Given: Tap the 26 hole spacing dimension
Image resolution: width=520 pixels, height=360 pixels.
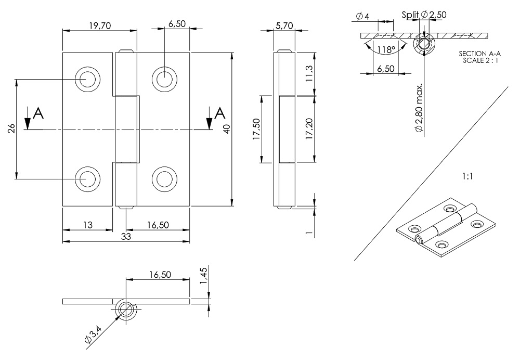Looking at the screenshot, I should coord(11,128).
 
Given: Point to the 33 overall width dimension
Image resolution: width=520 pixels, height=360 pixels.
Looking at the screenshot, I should coord(126,236).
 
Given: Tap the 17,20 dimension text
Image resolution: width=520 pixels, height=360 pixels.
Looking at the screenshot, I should coord(309,128).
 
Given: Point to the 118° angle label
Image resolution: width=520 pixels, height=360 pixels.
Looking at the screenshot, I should coord(386,50).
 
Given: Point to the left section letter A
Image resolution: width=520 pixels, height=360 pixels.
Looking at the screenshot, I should coord(37,112).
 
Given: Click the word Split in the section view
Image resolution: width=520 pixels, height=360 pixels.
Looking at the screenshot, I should coord(410,15).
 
